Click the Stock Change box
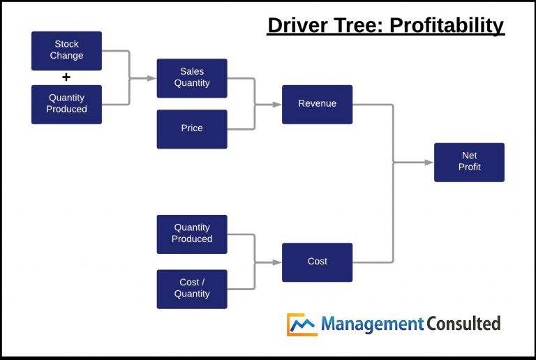(x=66, y=50)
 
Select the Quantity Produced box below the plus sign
(x=66, y=104)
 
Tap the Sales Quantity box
(x=192, y=77)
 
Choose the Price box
(x=192, y=128)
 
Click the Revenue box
(x=317, y=104)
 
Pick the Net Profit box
(x=469, y=162)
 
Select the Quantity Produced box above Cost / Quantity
(x=192, y=234)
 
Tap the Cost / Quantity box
(x=192, y=288)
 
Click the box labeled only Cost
(x=317, y=262)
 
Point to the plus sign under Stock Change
(x=66, y=77)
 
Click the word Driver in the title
(x=297, y=26)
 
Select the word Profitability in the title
(x=447, y=26)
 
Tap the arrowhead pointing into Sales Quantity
(x=151, y=78)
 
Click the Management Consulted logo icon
(x=302, y=324)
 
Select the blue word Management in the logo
(x=373, y=324)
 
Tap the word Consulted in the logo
(x=463, y=324)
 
